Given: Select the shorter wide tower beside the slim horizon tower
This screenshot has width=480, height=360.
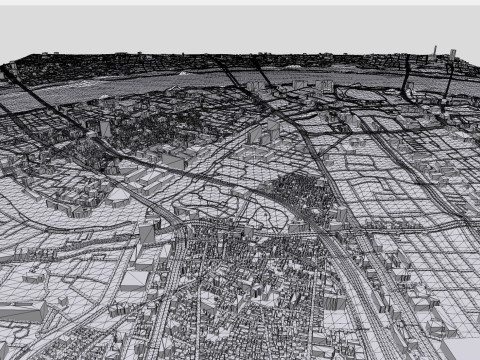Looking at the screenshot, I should tap(453, 53).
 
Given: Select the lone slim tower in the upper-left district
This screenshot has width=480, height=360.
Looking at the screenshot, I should tap(105, 128).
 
